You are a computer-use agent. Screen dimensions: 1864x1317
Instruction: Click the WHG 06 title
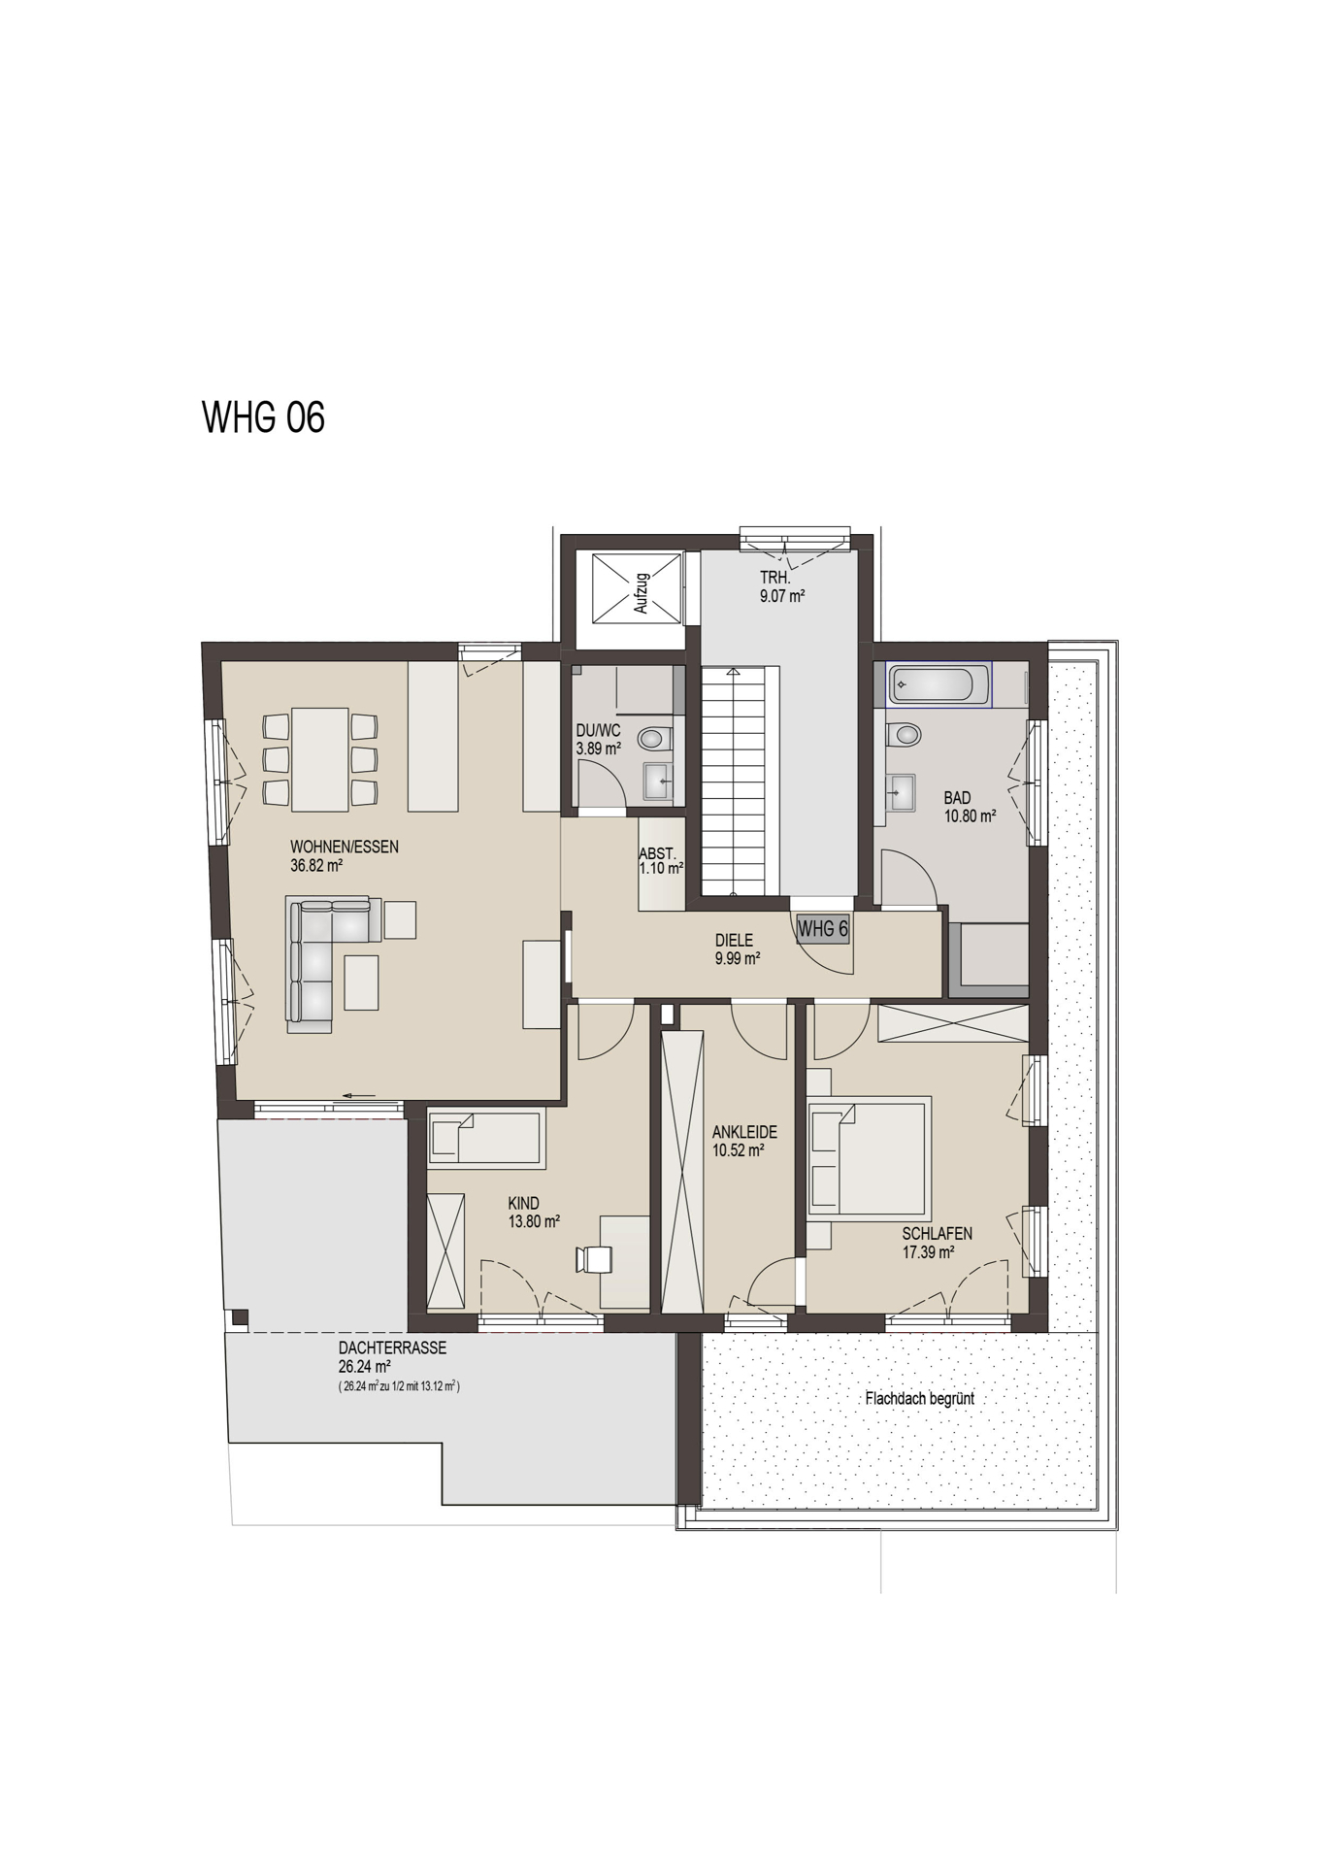(x=263, y=416)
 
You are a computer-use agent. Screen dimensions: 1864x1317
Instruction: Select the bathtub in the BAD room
(x=938, y=684)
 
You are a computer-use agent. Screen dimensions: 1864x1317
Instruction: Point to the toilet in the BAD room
(x=905, y=734)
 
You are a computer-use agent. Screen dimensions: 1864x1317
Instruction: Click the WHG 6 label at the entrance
(x=822, y=929)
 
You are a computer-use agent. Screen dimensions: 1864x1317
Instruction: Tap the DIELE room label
(x=734, y=940)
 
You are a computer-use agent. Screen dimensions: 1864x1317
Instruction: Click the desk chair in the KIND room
(x=593, y=1258)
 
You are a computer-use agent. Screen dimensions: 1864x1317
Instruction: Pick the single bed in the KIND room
(x=484, y=1138)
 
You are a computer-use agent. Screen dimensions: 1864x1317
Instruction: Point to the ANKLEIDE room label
(x=744, y=1132)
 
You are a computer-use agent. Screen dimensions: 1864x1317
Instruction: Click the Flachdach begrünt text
(x=919, y=1399)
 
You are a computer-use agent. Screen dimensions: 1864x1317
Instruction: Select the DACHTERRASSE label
(x=392, y=1348)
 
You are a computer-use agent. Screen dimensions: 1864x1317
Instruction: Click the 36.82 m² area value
(x=317, y=865)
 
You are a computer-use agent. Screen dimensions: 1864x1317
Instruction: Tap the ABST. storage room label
(x=657, y=853)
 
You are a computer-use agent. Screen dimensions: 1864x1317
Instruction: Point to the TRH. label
(x=775, y=579)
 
